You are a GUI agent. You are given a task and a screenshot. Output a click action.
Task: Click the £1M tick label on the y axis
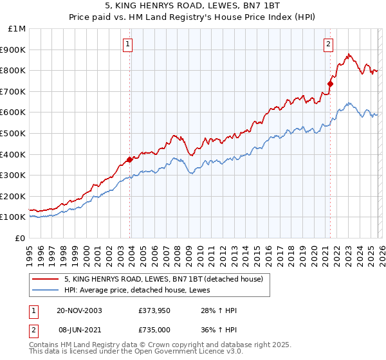point(17,28)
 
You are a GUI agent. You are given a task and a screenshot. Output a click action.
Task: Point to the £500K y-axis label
point(14,133)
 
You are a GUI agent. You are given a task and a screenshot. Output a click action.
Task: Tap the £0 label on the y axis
point(21,238)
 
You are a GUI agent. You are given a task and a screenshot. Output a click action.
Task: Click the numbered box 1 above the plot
point(127,44)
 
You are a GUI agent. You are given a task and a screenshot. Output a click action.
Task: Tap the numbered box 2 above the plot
point(328,44)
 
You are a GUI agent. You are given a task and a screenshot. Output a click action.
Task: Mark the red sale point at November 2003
point(130,159)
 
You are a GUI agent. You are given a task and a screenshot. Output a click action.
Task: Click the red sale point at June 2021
point(331,84)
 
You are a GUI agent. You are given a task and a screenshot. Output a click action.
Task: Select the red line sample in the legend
point(46,280)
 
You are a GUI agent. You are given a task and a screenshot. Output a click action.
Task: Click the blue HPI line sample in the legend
point(46,291)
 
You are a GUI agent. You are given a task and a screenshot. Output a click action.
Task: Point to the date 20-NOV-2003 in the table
point(79,310)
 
